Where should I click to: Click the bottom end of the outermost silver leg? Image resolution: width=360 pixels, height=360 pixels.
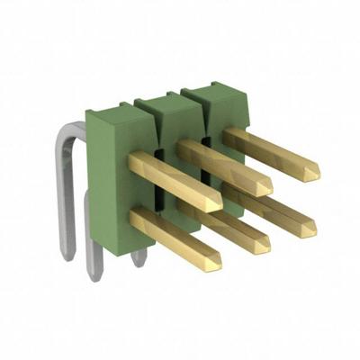pos(67,256)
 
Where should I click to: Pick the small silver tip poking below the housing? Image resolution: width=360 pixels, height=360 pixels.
pos(139,260)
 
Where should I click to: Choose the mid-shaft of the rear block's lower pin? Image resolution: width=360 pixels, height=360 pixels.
pos(270,209)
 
